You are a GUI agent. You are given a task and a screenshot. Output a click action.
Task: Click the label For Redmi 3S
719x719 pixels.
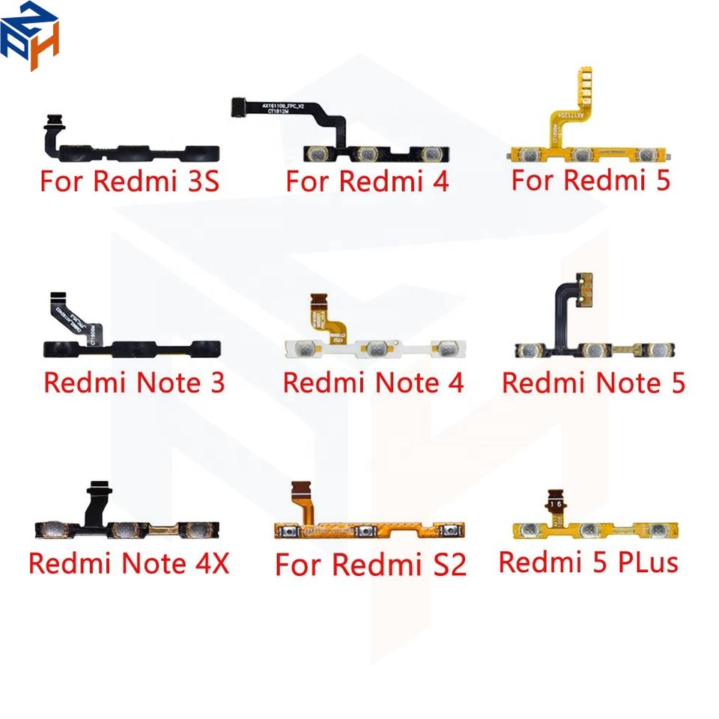pyautogui.click(x=130, y=182)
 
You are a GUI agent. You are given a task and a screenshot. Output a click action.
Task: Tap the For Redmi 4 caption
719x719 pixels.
pyautogui.click(x=367, y=181)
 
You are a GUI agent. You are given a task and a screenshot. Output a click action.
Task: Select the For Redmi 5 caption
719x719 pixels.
pyautogui.click(x=590, y=180)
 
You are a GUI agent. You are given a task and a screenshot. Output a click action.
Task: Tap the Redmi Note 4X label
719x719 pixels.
pyautogui.click(x=129, y=562)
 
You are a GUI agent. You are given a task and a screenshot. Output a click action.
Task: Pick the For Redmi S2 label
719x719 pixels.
pyautogui.click(x=371, y=564)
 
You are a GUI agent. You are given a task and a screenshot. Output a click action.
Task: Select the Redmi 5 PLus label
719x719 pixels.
pyautogui.click(x=588, y=562)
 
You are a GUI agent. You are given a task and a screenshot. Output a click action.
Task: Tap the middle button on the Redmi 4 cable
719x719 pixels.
pyautogui.click(x=367, y=154)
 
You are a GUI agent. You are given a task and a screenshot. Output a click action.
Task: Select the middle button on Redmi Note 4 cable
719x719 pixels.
pyautogui.click(x=377, y=348)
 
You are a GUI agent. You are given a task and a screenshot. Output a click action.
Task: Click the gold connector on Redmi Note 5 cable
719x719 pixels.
pyautogui.click(x=584, y=288)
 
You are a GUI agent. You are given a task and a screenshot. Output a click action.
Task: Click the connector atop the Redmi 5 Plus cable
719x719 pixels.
pyautogui.click(x=556, y=498)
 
